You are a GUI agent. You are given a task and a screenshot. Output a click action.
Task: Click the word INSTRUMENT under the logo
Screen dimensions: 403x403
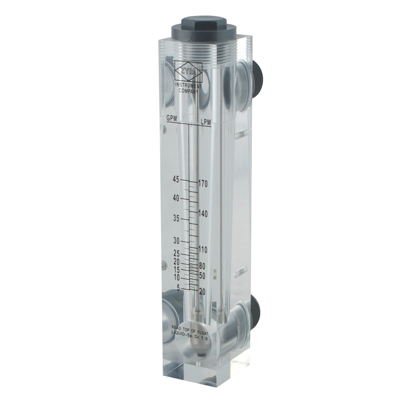(x=188, y=86)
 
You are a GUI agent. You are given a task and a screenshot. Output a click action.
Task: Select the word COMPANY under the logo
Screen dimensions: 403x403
(x=188, y=91)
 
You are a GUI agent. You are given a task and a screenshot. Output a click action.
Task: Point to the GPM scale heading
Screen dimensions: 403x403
(x=172, y=118)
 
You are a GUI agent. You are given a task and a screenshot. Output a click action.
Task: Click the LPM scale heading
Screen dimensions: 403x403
(x=206, y=122)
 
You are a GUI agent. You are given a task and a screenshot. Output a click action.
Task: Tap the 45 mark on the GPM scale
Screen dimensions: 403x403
(x=176, y=180)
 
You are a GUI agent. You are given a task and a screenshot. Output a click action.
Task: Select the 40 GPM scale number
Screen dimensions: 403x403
(x=176, y=199)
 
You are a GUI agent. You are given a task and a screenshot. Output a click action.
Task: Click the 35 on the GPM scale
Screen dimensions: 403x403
(x=176, y=219)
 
